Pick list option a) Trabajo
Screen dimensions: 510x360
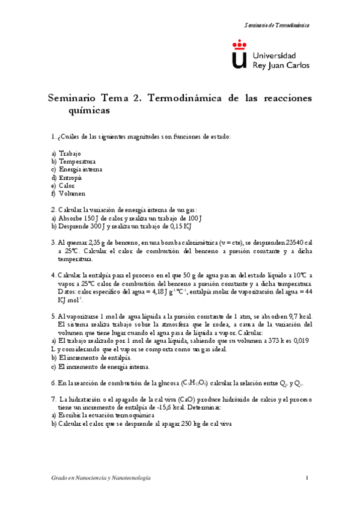coord(70,154)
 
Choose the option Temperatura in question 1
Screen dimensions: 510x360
coord(77,162)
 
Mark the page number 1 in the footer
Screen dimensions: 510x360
coord(307,478)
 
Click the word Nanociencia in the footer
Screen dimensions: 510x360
coord(87,478)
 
